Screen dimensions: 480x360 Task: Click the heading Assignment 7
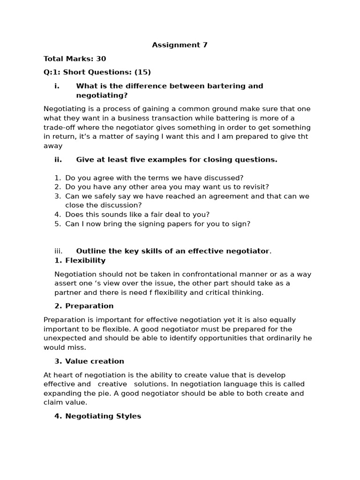pyautogui.click(x=180, y=45)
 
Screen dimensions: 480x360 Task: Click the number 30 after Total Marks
pyautogui.click(x=101, y=59)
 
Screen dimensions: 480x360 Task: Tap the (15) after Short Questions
pyautogui.click(x=142, y=72)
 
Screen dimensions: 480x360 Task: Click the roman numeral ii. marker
pyautogui.click(x=58, y=159)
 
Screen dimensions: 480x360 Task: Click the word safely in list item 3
pyautogui.click(x=103, y=196)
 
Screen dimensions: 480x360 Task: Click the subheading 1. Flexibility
pyautogui.click(x=80, y=261)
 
